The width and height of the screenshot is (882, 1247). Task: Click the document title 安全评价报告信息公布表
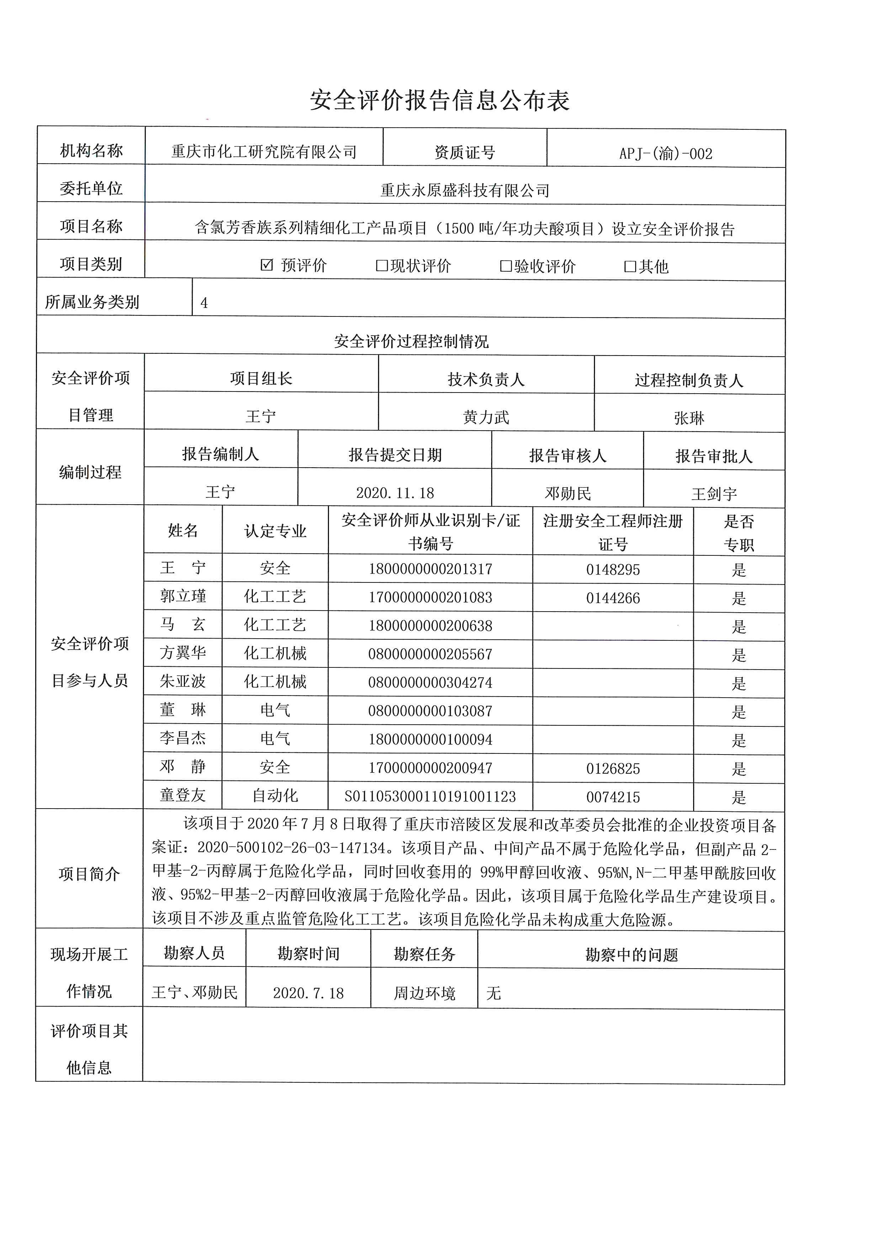440,101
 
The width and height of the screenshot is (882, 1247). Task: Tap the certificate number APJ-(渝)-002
665,154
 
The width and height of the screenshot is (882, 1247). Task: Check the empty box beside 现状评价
382,266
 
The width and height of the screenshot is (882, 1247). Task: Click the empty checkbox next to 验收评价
506,266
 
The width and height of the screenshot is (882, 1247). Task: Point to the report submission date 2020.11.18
395,492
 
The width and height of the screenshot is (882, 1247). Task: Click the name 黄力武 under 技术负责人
486,417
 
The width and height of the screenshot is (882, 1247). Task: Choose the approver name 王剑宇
714,494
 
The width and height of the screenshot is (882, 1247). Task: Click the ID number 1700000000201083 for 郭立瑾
430,597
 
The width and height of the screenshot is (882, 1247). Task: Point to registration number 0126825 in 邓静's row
613,768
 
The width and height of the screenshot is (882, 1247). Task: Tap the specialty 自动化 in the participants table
275,796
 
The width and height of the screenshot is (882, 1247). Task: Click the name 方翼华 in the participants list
183,653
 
